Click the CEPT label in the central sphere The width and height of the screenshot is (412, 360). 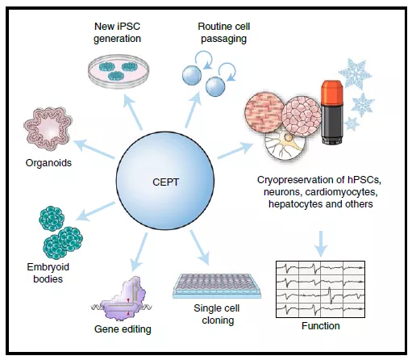[165, 182]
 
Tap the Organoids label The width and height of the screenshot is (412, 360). [48, 163]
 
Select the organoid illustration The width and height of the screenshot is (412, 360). [48, 129]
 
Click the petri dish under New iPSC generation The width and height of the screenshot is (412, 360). [119, 71]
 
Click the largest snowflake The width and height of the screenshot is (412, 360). [355, 73]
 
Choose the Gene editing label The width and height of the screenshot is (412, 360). [123, 329]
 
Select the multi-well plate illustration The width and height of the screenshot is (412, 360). [217, 286]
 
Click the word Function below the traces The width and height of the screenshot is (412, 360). [321, 326]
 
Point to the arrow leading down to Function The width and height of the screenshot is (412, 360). [321, 244]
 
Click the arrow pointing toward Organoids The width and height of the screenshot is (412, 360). [94, 149]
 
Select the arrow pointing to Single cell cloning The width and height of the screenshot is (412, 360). [199, 248]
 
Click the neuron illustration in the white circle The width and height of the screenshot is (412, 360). [285, 145]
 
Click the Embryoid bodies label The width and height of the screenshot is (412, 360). [48, 273]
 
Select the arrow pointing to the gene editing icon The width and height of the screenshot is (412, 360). [139, 252]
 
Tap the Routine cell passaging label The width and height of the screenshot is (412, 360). [224, 32]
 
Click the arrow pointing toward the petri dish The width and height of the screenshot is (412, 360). [133, 112]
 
